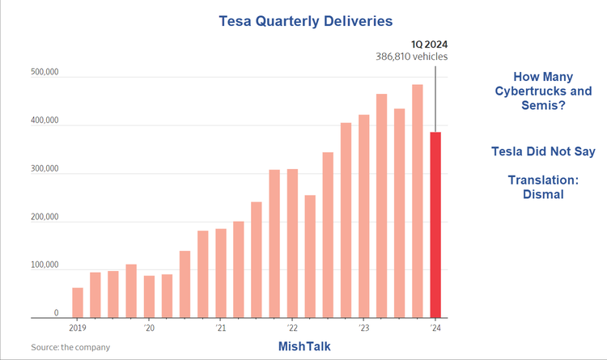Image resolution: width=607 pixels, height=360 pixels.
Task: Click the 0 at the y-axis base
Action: [x=56, y=313]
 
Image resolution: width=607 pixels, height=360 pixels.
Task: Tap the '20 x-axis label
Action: [x=149, y=329]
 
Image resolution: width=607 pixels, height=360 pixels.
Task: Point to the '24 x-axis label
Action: [x=436, y=329]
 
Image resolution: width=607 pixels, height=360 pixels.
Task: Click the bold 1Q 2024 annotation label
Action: [x=430, y=44]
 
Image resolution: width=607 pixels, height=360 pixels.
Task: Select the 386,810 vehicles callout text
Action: [x=411, y=57]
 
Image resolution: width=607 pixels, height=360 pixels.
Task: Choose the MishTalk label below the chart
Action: [x=303, y=346]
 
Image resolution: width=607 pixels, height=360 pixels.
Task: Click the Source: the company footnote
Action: [x=70, y=347]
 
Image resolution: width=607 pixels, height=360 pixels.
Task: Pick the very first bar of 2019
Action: [x=78, y=302]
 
